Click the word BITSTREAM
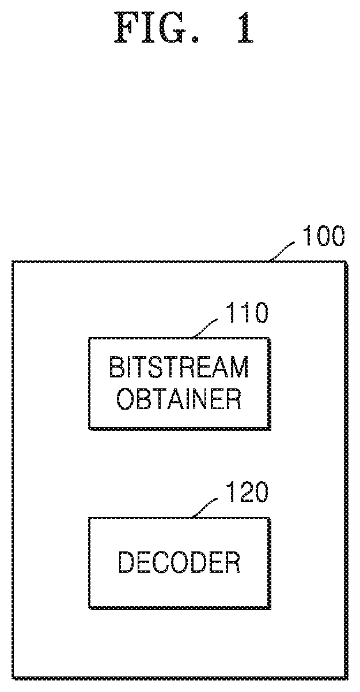[x=179, y=367]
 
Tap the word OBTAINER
[x=179, y=399]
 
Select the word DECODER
[x=179, y=562]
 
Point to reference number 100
[x=323, y=236]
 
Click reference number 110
[x=247, y=313]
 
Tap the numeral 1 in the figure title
[x=245, y=28]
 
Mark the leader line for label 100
[x=282, y=251]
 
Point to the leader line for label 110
[x=205, y=328]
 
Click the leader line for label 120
[x=205, y=508]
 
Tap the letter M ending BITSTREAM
[x=239, y=367]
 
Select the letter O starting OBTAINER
[x=125, y=399]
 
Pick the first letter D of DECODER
[x=126, y=562]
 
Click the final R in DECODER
[x=233, y=562]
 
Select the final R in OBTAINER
[x=234, y=399]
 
